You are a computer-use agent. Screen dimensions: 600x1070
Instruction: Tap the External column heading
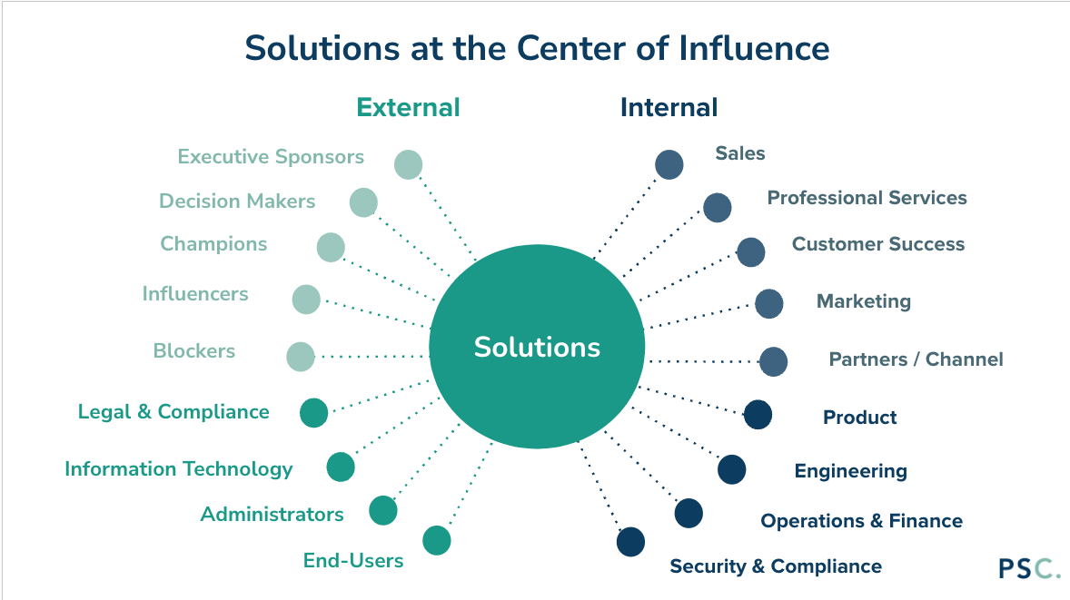[x=408, y=107]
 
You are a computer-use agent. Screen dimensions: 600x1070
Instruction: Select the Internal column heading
[x=669, y=107]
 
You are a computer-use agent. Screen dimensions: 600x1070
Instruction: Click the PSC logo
[x=1028, y=568]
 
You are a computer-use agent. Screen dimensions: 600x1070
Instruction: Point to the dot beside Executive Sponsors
[x=408, y=164]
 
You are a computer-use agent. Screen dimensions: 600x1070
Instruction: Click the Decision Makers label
[x=237, y=201]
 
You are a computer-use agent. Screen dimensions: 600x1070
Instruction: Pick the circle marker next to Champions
[x=331, y=247]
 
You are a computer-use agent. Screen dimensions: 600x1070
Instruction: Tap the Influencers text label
[x=195, y=294]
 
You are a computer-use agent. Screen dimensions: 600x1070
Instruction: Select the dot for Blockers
[x=300, y=357]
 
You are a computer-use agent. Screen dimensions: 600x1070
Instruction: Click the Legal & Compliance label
[x=173, y=412]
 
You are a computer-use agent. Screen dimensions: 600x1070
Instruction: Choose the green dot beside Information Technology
[x=341, y=467]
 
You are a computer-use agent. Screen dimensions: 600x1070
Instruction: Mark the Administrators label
[x=272, y=515]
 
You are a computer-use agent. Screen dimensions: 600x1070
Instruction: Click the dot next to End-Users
[x=437, y=540]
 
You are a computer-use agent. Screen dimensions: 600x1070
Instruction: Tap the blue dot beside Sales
[x=669, y=164]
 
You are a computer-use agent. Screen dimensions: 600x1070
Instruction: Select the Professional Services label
[x=867, y=198]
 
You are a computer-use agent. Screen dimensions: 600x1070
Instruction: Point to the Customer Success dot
[x=750, y=251]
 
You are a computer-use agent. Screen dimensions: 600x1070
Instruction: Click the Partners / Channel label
[x=916, y=359]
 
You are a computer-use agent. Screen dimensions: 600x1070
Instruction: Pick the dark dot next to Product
[x=758, y=415]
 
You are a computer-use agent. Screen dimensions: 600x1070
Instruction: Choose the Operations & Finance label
[x=861, y=521]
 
